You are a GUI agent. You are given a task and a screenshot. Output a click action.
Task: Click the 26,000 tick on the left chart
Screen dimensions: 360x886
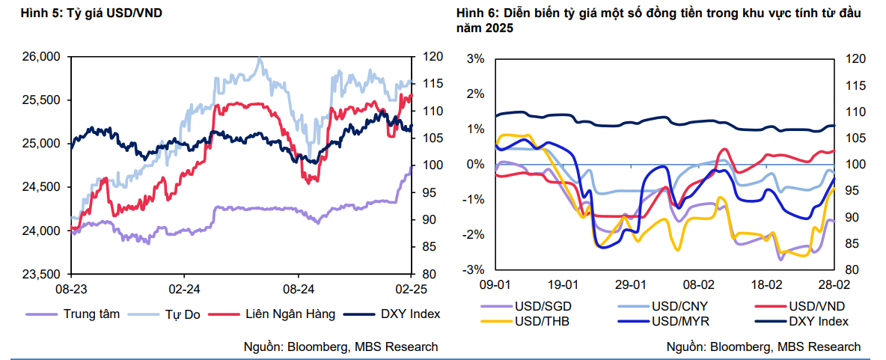[x=41, y=57]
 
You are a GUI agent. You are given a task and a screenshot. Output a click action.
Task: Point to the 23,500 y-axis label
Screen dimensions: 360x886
[x=41, y=274]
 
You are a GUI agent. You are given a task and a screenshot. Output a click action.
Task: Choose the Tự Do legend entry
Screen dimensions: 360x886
[x=182, y=314]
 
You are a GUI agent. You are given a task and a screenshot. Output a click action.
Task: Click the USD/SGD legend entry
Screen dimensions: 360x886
[x=543, y=306]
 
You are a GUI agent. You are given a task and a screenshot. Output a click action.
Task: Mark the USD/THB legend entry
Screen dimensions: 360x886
[x=543, y=321]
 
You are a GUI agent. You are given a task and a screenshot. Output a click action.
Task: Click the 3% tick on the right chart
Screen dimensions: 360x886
[x=476, y=58]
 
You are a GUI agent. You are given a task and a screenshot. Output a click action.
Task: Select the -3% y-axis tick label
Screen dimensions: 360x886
[x=474, y=270]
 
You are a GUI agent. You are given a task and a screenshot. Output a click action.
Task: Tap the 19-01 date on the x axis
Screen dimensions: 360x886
[x=563, y=286]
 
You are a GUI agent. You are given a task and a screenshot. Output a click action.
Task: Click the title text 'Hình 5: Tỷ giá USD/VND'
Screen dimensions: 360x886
[x=92, y=13]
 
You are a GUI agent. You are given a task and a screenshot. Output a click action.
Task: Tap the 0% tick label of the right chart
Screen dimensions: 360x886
[x=476, y=165]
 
